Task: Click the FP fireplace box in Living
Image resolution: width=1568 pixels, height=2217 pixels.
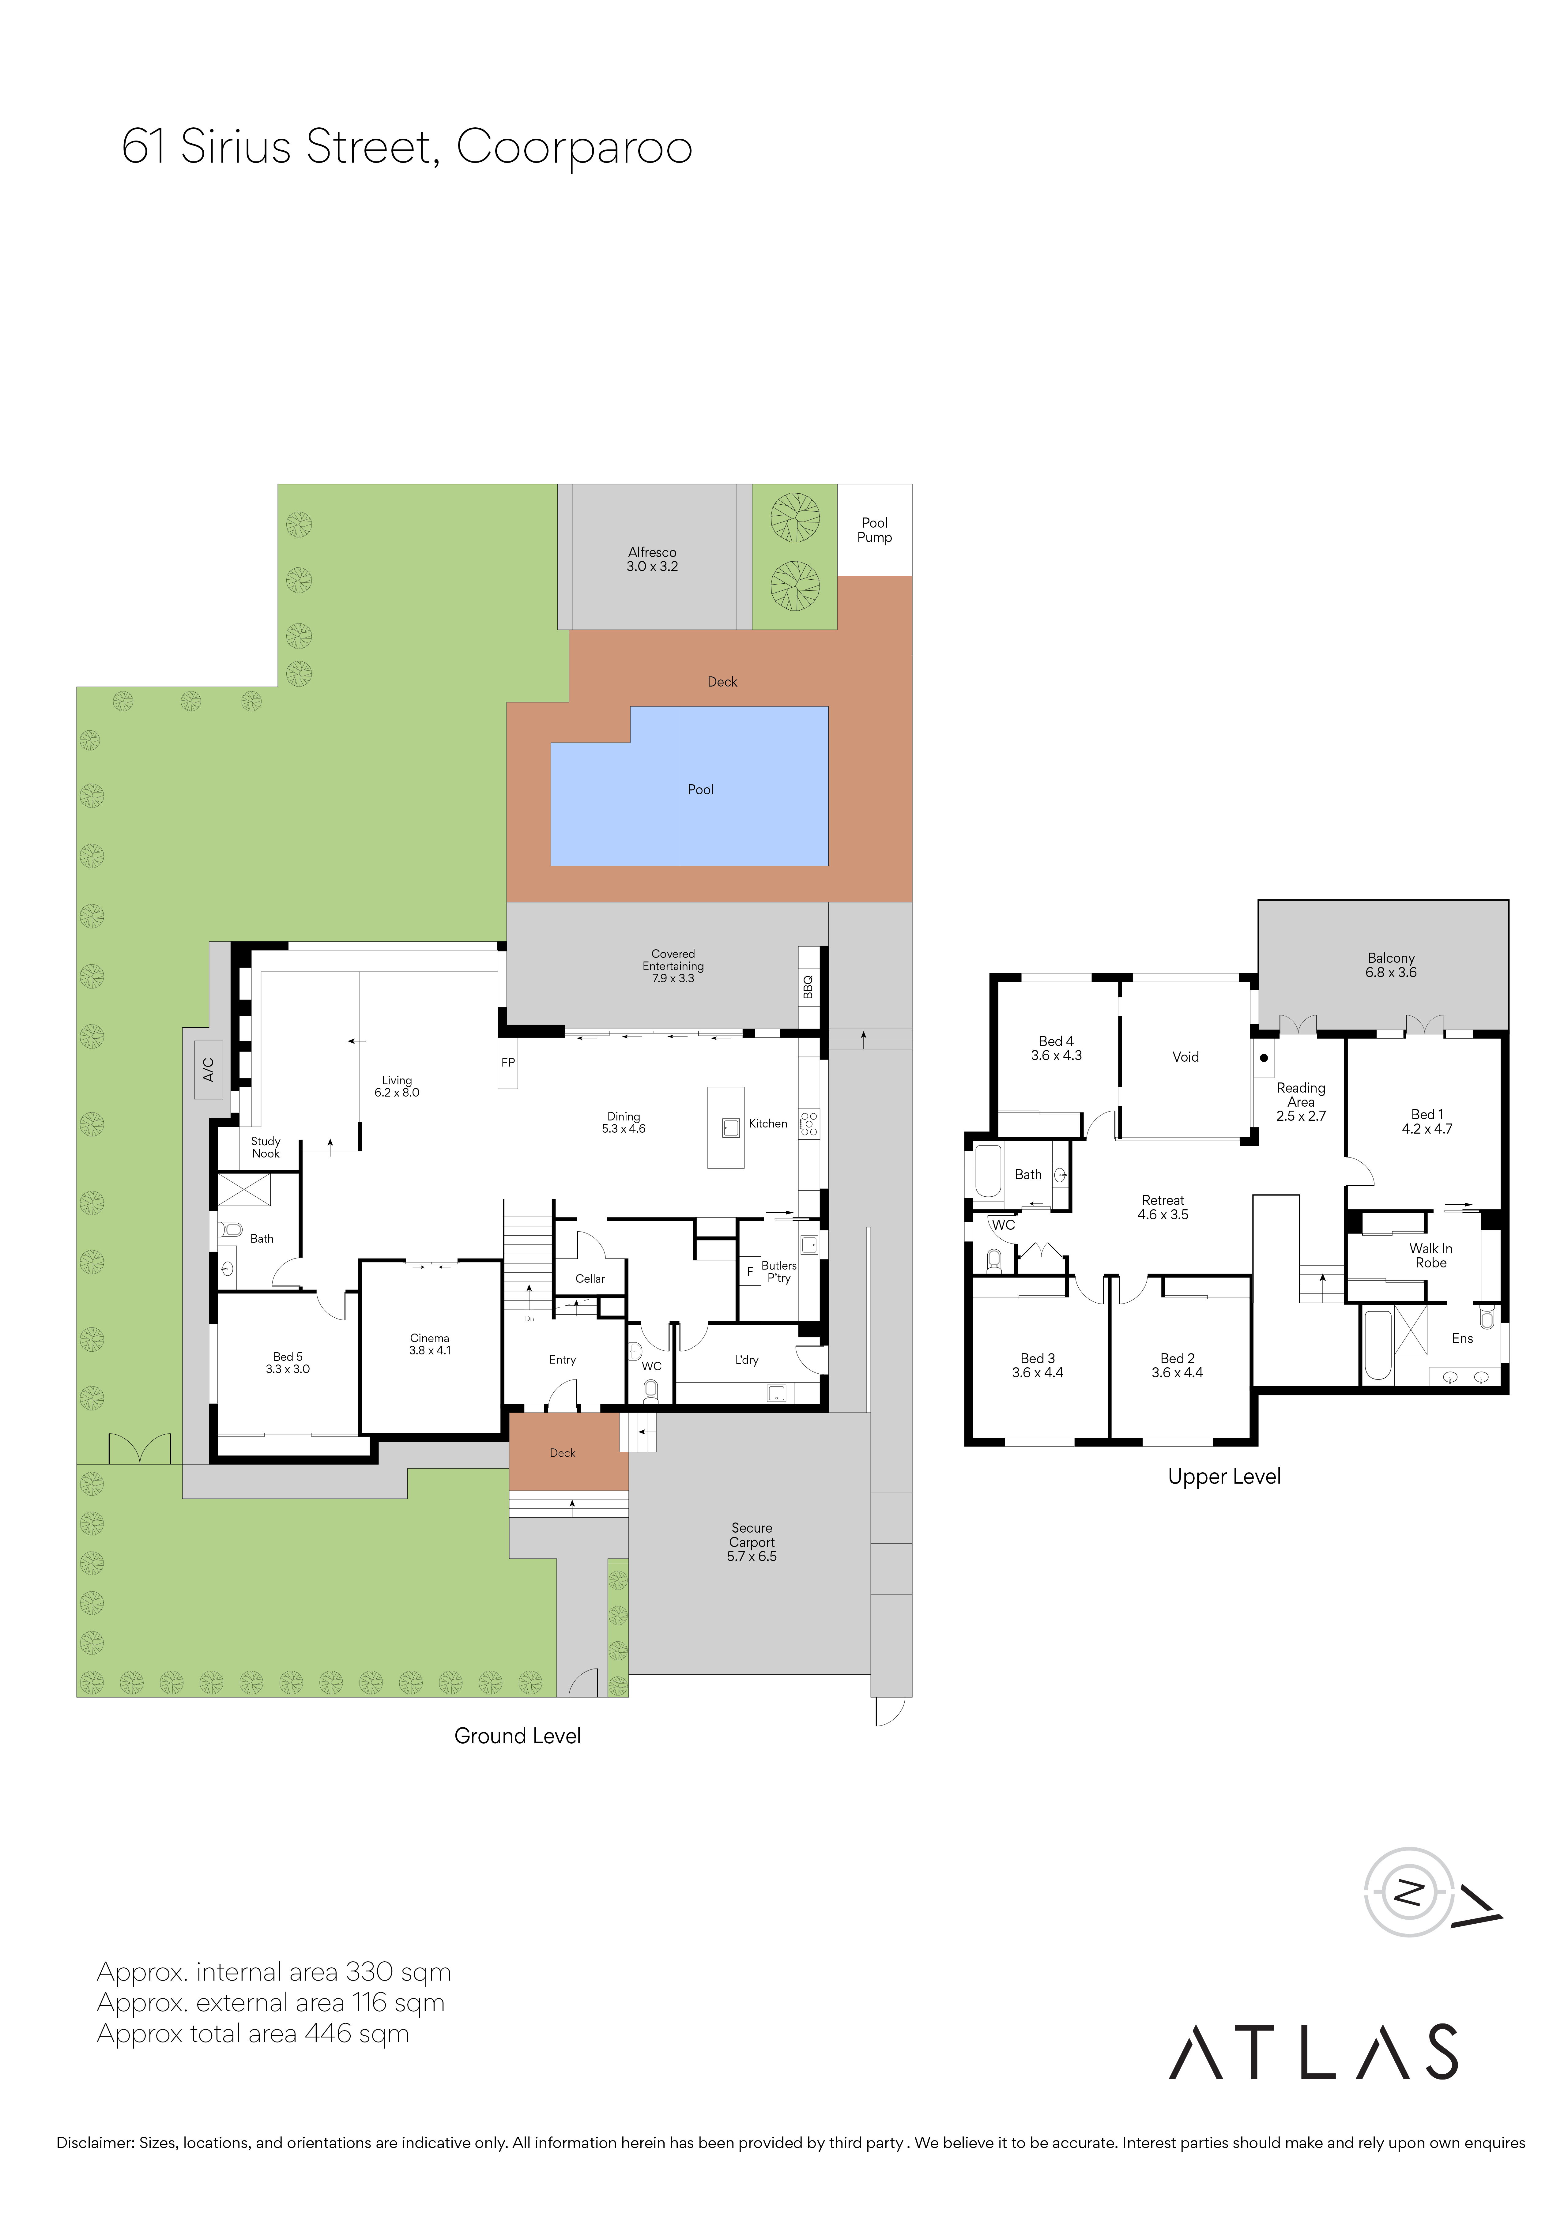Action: pyautogui.click(x=508, y=1062)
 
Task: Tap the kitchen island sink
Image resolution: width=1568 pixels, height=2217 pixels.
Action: pyautogui.click(x=731, y=1127)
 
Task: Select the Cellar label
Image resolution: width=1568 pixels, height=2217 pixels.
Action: pyautogui.click(x=590, y=1278)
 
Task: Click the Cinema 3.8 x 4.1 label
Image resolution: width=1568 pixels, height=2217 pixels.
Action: pyautogui.click(x=430, y=1344)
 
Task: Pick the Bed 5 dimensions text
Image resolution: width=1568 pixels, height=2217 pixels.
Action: pyautogui.click(x=288, y=1369)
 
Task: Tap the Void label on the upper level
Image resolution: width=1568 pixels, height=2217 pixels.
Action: pyautogui.click(x=1186, y=1057)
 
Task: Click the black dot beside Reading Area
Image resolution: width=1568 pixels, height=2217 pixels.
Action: pyautogui.click(x=1264, y=1057)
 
